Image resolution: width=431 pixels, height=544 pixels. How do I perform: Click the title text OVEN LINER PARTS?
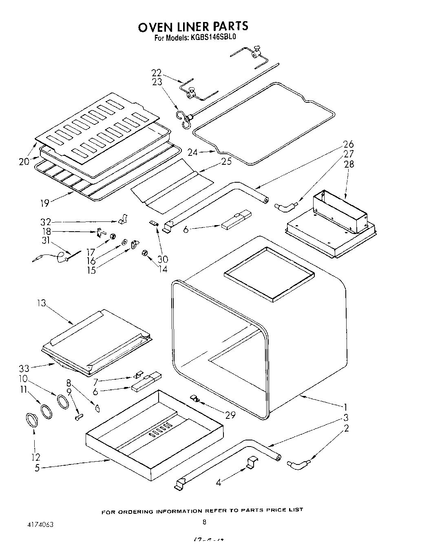193,27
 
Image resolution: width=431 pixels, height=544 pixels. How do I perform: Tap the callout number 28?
349,164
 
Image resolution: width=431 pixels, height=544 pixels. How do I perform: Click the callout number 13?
42,303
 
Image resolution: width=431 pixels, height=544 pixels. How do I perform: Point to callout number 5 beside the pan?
37,468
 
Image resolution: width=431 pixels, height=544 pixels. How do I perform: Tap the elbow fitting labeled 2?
298,464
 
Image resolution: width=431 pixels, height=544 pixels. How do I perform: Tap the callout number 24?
192,153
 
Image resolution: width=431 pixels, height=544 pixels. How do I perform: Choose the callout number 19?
44,203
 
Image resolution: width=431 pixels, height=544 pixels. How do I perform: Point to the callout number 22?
157,73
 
